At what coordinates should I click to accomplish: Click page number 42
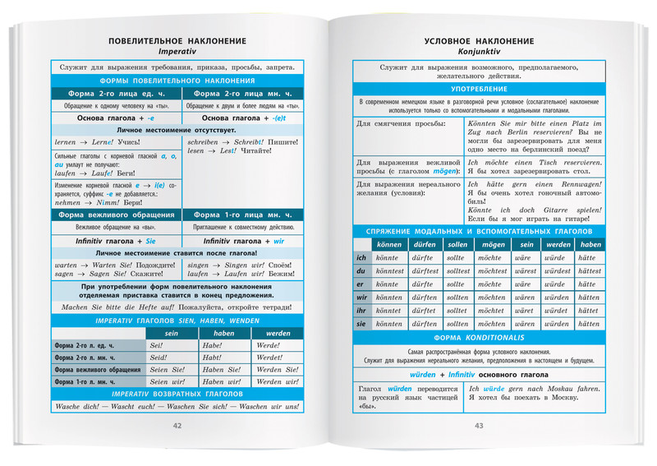177,425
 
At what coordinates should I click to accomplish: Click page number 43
479,425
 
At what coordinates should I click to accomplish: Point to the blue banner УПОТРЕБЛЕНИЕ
479,88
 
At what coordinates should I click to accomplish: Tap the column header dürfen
425,244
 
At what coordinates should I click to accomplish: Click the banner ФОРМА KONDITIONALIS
479,338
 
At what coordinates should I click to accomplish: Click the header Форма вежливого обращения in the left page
116,215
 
